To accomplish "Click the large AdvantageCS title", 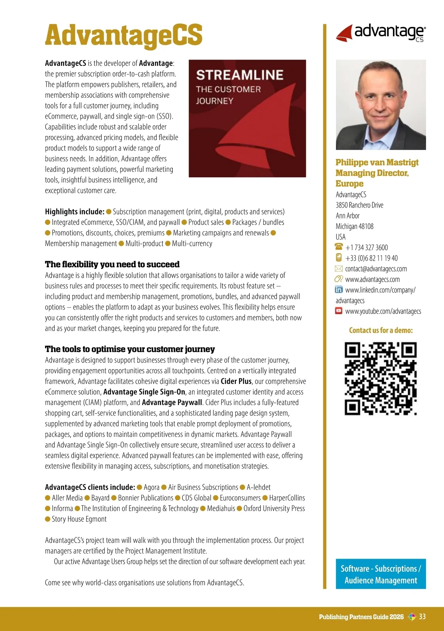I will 124,36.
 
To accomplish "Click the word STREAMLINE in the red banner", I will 239,75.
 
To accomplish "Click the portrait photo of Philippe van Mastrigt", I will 381,105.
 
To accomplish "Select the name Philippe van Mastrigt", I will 377,162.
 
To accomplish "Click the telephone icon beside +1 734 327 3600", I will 339,247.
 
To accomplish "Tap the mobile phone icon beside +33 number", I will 339,257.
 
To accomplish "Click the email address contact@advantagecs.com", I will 376,269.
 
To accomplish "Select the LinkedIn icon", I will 339,290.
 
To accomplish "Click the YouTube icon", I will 339,311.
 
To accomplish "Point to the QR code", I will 381,378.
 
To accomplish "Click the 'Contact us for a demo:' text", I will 381,330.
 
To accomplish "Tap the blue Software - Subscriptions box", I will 381,574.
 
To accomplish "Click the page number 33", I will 422,617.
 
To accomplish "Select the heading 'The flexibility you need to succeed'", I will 112,264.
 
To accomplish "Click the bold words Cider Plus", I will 236,381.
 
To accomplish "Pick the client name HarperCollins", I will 287,498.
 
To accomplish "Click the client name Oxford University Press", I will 274,508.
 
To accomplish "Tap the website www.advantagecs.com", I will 372,280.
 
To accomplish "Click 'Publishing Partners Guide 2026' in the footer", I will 361,617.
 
